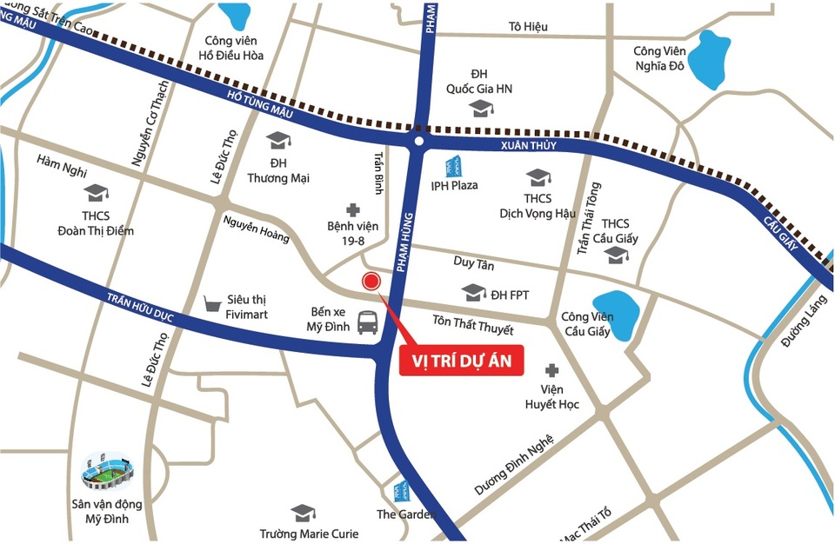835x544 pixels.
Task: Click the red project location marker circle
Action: coord(371,281)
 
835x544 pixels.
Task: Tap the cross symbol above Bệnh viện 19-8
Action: coord(352,209)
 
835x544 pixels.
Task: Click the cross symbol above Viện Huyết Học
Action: coord(550,369)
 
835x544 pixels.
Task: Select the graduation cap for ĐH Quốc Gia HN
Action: coord(480,109)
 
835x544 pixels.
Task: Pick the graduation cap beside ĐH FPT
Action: coord(473,293)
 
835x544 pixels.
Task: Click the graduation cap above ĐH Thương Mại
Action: coord(278,140)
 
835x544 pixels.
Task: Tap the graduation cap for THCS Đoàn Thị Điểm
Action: coord(95,192)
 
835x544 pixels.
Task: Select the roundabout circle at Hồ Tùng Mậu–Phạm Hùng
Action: coord(418,141)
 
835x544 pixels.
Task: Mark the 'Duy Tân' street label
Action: coord(474,262)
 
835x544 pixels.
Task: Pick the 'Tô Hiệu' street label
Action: coord(528,26)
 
